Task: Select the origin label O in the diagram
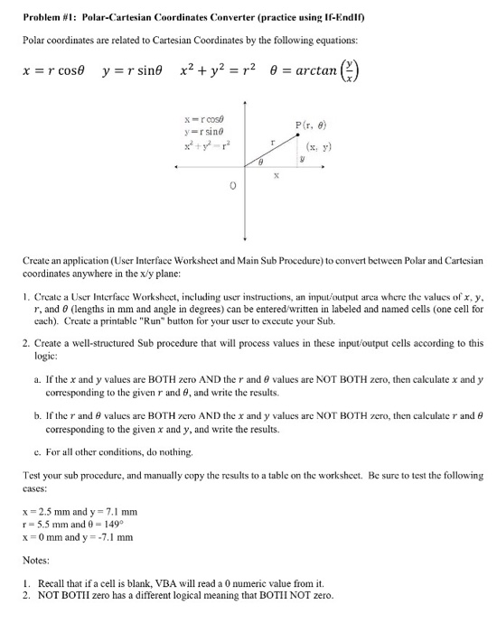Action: coord(233,185)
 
